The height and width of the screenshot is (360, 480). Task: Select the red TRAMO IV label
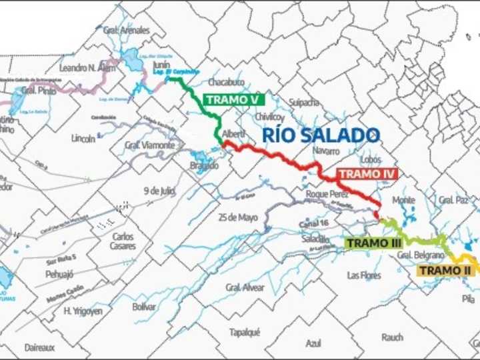(x=367, y=174)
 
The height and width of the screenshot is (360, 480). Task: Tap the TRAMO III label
(x=373, y=243)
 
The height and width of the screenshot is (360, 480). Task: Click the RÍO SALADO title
(x=321, y=135)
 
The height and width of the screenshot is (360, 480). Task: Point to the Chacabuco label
(x=226, y=82)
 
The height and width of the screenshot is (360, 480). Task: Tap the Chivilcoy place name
(x=269, y=117)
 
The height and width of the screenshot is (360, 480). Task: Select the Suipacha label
(x=304, y=102)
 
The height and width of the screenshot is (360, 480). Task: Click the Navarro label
(x=327, y=151)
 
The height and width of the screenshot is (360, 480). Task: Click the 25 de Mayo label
(x=238, y=217)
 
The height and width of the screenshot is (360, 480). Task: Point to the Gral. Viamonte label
(x=149, y=145)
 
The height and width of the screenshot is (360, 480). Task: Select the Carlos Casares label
(x=123, y=241)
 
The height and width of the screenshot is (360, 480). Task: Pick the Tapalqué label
(x=245, y=332)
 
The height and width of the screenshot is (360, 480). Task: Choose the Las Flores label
(x=364, y=275)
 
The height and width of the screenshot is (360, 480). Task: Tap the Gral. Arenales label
(x=127, y=30)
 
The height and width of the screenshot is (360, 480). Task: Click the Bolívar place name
(x=144, y=307)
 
